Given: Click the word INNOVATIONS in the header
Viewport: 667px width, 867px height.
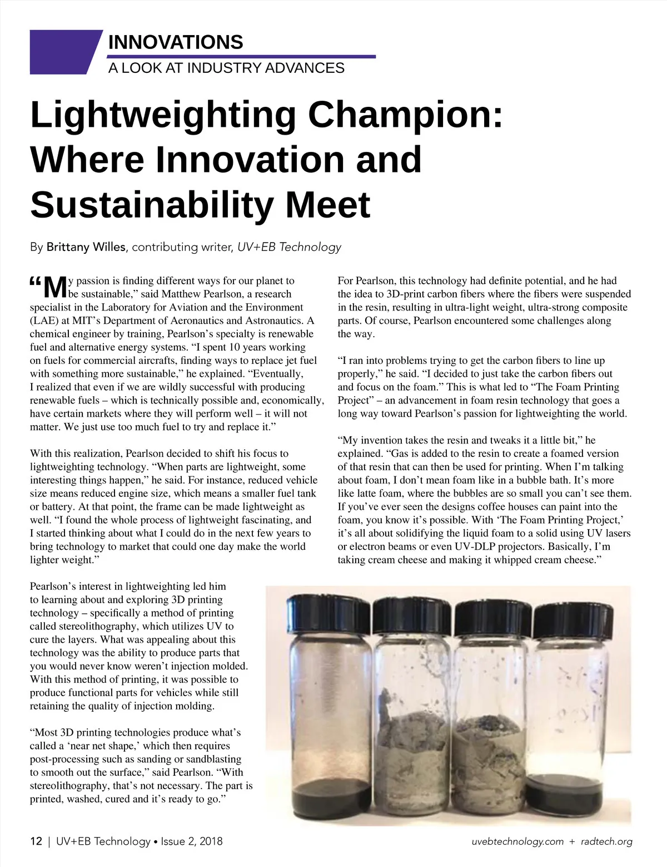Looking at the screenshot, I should tap(175, 42).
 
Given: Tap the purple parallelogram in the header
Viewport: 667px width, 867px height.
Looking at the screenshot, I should tap(64, 52).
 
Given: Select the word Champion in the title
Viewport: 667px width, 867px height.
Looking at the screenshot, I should tap(405, 115).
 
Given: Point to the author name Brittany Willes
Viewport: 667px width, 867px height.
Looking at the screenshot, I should tap(86, 247).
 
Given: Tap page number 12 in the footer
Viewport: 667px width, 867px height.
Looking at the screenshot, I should tap(36, 841).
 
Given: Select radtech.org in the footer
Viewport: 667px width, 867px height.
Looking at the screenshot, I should tap(606, 841).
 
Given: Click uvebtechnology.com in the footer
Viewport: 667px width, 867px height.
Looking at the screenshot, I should tap(517, 841).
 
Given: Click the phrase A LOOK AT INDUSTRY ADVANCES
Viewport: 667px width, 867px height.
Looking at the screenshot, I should tap(226, 68).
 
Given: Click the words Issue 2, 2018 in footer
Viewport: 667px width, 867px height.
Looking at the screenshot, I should tap(191, 841).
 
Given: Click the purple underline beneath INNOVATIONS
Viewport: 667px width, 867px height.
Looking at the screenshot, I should tap(241, 56).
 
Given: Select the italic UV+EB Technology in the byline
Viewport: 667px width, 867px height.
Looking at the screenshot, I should tap(289, 247).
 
